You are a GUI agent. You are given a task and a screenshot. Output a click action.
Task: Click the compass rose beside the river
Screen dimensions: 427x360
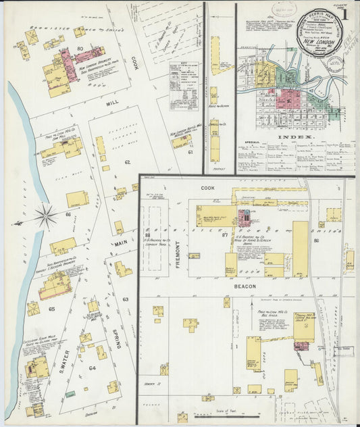[47, 217]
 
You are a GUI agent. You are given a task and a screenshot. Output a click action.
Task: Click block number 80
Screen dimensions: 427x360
[80, 49]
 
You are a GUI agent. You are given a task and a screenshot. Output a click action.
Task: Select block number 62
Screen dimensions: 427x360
[126, 162]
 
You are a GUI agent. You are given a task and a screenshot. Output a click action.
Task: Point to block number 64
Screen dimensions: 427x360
[92, 368]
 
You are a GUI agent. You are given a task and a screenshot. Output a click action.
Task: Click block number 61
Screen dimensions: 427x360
[190, 153]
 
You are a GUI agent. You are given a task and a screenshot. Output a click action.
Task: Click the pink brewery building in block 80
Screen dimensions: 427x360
[69, 64]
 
